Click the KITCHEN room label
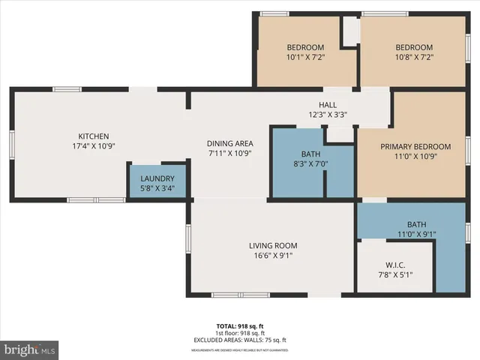click(94, 136)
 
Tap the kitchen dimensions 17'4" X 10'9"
click(94, 146)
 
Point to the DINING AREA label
click(230, 143)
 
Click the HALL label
click(328, 105)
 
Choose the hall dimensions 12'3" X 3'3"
click(328, 115)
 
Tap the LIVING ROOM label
click(273, 245)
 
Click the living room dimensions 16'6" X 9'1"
click(273, 256)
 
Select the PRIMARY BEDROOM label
click(415, 147)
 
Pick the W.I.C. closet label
click(395, 264)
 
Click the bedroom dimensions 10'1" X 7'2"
click(304, 57)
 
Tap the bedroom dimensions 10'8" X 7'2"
click(414, 57)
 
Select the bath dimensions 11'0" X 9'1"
click(416, 235)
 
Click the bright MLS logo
click(30, 349)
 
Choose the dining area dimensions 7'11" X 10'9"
click(230, 153)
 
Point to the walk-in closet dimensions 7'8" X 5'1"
click(395, 274)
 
